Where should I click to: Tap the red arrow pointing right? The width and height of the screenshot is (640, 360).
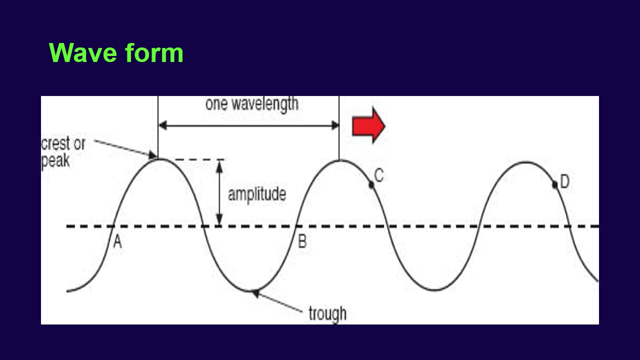[368, 126]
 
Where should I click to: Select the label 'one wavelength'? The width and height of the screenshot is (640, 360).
[251, 104]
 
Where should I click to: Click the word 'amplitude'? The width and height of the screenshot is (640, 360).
[257, 194]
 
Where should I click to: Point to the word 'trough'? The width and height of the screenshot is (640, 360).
[327, 314]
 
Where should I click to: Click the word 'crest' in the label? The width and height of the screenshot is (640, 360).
[56, 144]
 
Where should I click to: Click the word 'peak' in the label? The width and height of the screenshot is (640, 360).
[55, 161]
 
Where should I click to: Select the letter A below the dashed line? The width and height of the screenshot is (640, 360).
[117, 242]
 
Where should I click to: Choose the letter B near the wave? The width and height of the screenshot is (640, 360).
[302, 242]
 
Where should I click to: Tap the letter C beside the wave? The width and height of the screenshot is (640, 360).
[378, 176]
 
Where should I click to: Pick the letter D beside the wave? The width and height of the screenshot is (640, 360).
[564, 182]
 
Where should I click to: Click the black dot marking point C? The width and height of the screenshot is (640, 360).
[371, 185]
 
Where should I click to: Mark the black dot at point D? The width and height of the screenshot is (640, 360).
[555, 185]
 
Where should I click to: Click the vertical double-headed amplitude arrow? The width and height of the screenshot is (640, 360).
[219, 192]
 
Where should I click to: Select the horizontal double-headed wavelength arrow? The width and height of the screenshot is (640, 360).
[248, 126]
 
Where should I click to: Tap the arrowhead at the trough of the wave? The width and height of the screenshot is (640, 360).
[255, 293]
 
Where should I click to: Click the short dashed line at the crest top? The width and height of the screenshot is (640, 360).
[195, 160]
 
